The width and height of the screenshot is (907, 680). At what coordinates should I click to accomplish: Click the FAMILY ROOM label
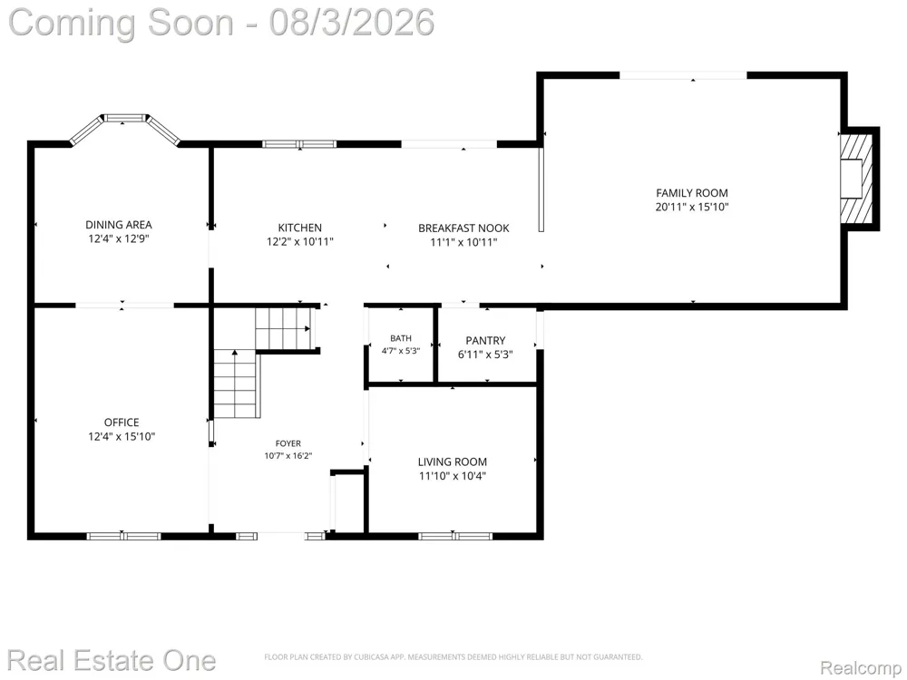pyautogui.click(x=692, y=193)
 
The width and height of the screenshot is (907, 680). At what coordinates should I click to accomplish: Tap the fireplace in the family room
pyautogui.click(x=856, y=179)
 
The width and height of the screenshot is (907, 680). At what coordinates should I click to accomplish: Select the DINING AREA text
pyautogui.click(x=119, y=225)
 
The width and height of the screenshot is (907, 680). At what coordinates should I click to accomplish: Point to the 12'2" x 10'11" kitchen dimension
pyautogui.click(x=299, y=242)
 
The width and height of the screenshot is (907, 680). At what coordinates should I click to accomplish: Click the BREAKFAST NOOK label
pyautogui.click(x=463, y=228)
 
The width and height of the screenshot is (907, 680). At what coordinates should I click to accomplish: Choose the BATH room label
pyautogui.click(x=401, y=338)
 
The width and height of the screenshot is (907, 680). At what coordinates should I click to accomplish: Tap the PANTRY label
pyautogui.click(x=486, y=341)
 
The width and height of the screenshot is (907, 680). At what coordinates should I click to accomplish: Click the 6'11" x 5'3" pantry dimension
pyautogui.click(x=486, y=355)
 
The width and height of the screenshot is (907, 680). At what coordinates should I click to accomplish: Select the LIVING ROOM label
pyautogui.click(x=453, y=462)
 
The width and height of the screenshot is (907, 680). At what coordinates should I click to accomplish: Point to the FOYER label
pyautogui.click(x=288, y=443)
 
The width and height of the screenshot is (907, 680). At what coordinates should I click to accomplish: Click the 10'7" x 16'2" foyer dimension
pyautogui.click(x=288, y=456)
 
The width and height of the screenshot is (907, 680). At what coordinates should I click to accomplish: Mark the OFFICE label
pyautogui.click(x=122, y=423)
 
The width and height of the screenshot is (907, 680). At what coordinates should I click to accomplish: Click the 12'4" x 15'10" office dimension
pyautogui.click(x=122, y=437)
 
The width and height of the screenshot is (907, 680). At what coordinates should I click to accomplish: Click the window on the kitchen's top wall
pyautogui.click(x=299, y=144)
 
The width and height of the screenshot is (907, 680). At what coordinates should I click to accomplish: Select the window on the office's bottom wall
pyautogui.click(x=123, y=536)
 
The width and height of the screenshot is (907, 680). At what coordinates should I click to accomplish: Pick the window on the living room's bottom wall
pyautogui.click(x=455, y=536)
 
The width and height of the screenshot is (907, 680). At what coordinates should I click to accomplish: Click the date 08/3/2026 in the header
pyautogui.click(x=352, y=22)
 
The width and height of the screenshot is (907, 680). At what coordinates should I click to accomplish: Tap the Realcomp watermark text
pyautogui.click(x=860, y=668)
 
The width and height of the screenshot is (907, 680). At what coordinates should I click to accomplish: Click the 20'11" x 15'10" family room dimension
pyautogui.click(x=692, y=207)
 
